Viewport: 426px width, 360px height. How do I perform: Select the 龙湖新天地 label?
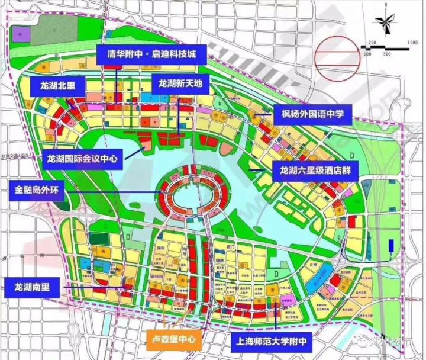[x=180, y=84]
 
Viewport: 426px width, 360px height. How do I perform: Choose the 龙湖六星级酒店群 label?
[x=316, y=171]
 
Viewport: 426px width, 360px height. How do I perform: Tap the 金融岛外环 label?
[x=40, y=192]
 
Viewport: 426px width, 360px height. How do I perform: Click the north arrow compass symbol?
[x=385, y=23]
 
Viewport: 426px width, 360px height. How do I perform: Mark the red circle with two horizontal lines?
[x=337, y=58]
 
